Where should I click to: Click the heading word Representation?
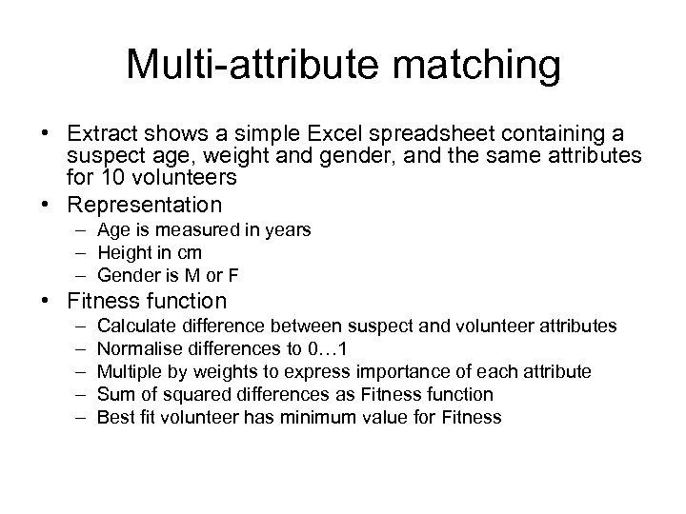145,204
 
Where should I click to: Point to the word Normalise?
137,348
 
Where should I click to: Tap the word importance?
425,371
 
